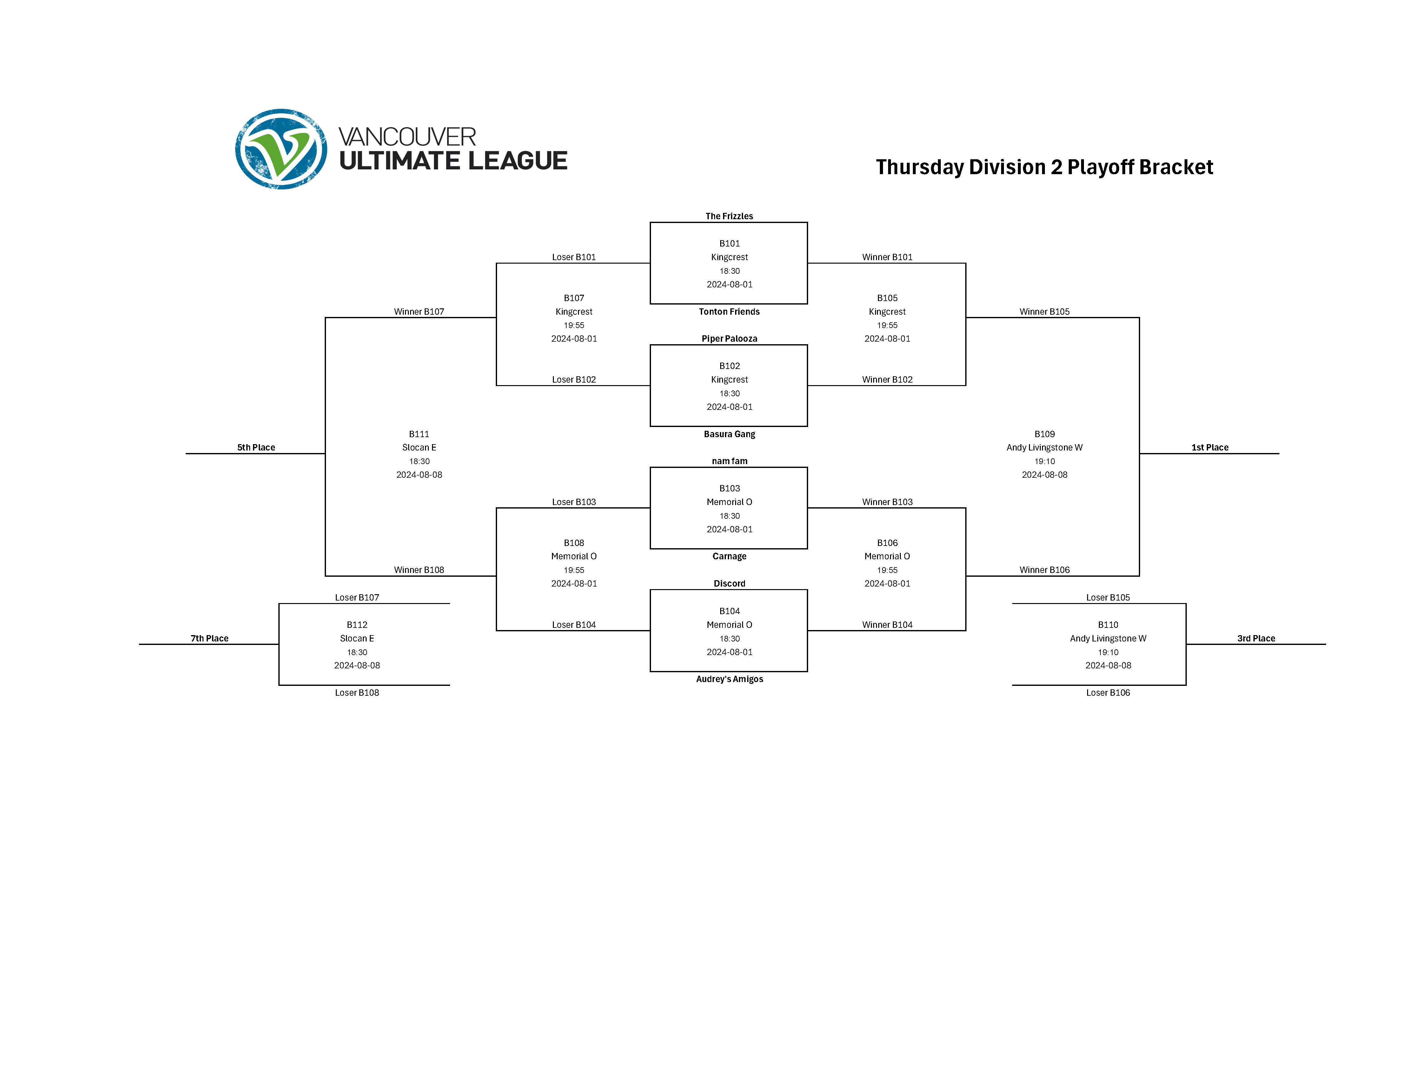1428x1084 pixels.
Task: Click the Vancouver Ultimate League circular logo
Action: [281, 149]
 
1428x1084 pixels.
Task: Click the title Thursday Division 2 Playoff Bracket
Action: [1044, 167]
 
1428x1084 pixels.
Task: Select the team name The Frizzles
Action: [729, 216]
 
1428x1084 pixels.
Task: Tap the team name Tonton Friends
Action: [729, 312]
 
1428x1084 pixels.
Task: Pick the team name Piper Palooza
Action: [729, 339]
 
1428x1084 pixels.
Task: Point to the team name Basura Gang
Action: [729, 434]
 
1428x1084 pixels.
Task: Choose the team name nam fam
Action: [729, 461]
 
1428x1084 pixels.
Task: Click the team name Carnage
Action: [729, 556]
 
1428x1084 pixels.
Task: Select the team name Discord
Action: [729, 583]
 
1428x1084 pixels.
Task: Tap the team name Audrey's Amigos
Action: [729, 679]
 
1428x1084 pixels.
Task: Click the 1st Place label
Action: [1209, 447]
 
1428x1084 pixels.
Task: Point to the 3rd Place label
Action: [1256, 638]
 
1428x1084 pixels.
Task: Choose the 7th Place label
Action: [209, 638]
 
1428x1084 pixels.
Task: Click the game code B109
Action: [1044, 434]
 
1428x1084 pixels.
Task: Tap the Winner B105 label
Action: [1044, 312]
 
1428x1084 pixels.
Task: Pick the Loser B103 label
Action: [573, 502]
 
